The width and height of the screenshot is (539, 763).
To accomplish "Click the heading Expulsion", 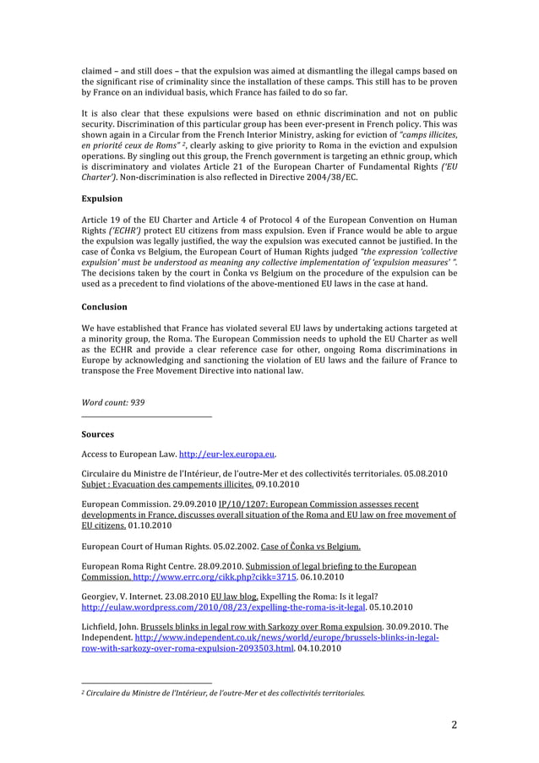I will [101, 199].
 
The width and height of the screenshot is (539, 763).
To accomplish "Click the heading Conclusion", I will [104, 307].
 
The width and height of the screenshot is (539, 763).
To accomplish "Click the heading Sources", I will [97, 434].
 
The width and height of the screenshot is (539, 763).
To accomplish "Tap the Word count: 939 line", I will [112, 402].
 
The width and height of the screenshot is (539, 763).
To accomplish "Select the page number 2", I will [454, 724].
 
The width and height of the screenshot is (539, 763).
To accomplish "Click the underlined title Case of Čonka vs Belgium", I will [311, 545].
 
